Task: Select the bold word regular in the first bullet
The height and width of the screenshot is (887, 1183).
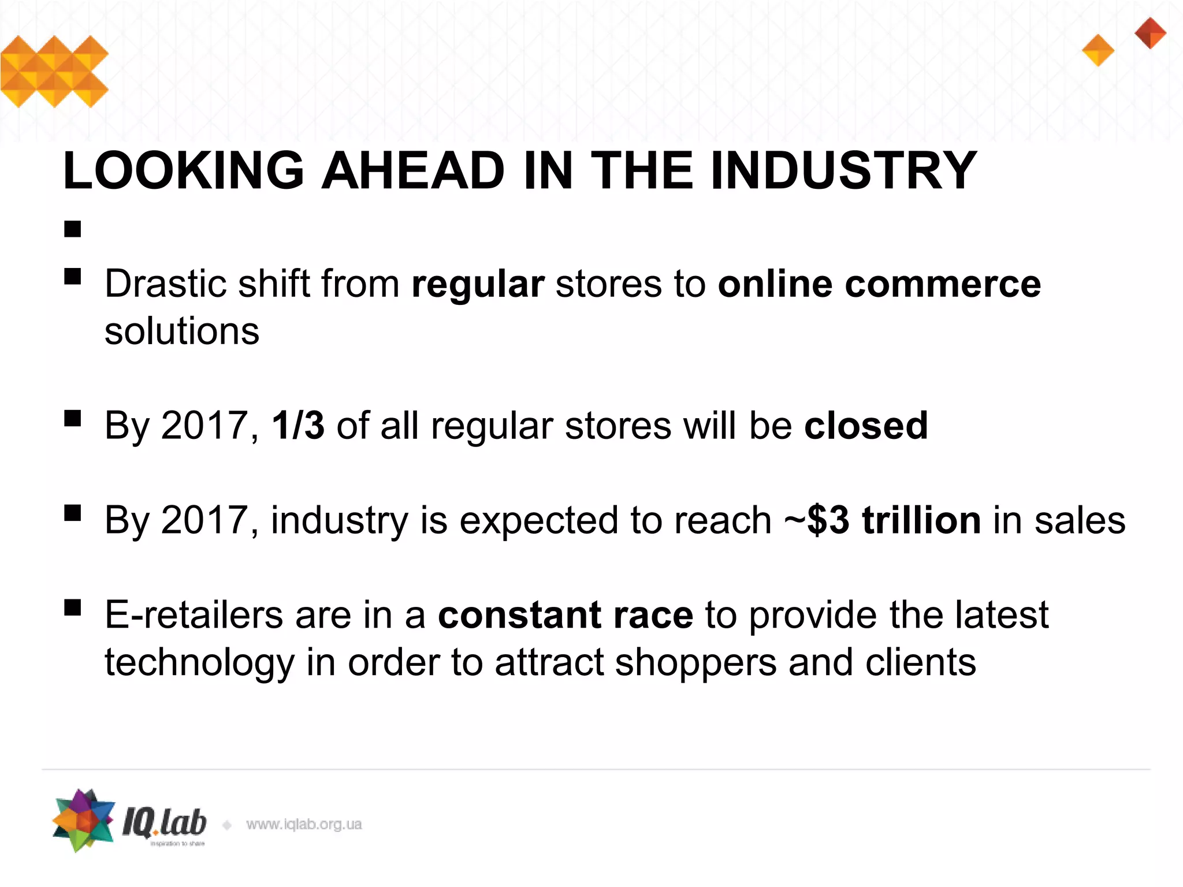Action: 478,284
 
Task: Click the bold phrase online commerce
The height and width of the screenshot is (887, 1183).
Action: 879,284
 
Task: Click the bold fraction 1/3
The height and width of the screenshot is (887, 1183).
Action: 298,426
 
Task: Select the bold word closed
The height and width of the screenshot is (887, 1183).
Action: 866,426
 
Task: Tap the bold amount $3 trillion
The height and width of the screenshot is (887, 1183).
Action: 894,520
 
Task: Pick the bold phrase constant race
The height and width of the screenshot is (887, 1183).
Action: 566,614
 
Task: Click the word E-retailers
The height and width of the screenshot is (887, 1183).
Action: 194,614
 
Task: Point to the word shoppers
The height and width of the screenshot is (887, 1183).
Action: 695,662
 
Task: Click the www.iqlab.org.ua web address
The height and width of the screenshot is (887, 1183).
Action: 304,824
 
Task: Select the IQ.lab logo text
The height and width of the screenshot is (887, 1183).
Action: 164,823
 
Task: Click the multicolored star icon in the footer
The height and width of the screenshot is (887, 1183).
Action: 83,820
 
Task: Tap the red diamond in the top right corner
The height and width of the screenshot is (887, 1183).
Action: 1150,33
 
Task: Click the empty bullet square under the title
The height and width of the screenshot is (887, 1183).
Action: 73,229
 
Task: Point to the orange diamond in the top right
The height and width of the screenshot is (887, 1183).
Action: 1098,50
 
